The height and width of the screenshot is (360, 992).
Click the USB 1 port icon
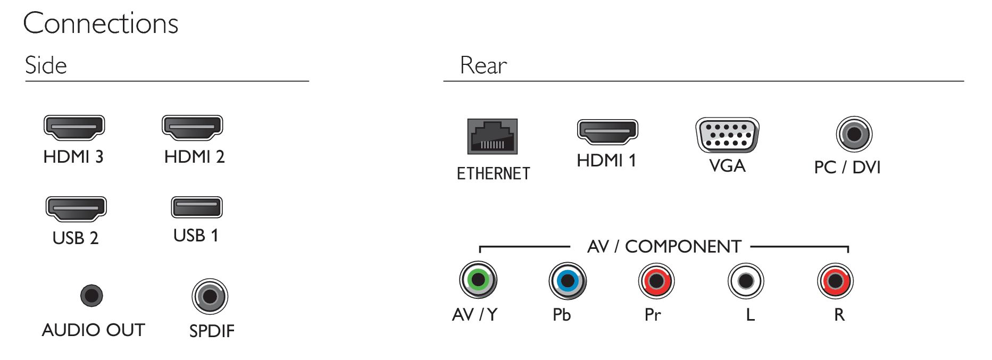click(x=197, y=207)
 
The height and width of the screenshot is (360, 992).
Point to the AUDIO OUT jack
click(x=91, y=296)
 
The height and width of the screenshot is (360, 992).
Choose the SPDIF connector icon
click(x=210, y=297)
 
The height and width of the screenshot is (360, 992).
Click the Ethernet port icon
click(x=493, y=137)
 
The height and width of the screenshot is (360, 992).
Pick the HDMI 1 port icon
click(x=607, y=132)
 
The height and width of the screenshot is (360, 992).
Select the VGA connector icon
click(x=727, y=135)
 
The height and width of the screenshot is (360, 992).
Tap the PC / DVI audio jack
click(x=854, y=134)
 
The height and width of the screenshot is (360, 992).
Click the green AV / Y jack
click(x=478, y=280)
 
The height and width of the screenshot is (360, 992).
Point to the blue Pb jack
click(x=568, y=280)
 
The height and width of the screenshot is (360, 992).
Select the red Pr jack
click(x=656, y=281)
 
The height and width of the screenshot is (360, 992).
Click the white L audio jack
click(x=746, y=281)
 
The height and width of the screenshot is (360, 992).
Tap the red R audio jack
click(x=835, y=281)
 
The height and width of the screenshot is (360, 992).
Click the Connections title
click(x=101, y=24)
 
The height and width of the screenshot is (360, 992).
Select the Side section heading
click(x=46, y=65)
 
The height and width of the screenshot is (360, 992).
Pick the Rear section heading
click(x=483, y=65)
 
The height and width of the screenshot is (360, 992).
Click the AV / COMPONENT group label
click(x=664, y=247)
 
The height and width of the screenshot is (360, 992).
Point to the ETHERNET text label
click(x=493, y=174)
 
